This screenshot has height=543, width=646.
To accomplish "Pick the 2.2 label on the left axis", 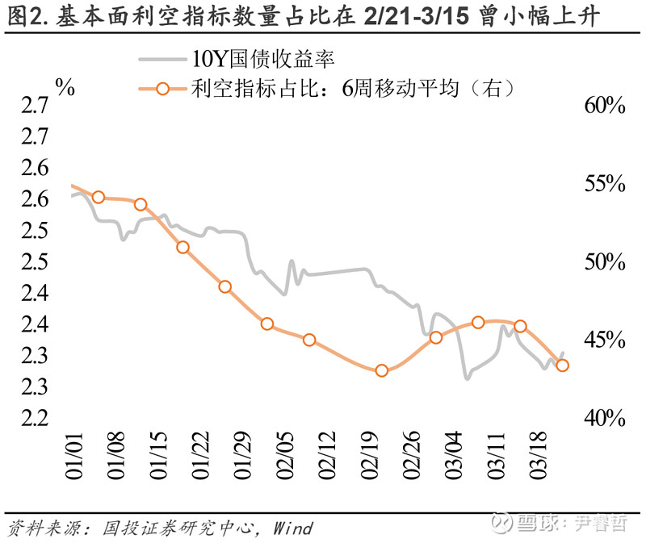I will [x=32, y=419].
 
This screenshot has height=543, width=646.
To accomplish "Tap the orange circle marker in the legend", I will [x=162, y=88].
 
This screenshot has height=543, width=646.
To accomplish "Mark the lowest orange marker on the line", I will [x=382, y=371].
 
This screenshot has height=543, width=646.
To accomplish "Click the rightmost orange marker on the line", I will [x=563, y=365].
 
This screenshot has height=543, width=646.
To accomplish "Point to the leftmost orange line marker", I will [x=99, y=198].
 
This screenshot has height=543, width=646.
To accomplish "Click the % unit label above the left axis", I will [x=65, y=88].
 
